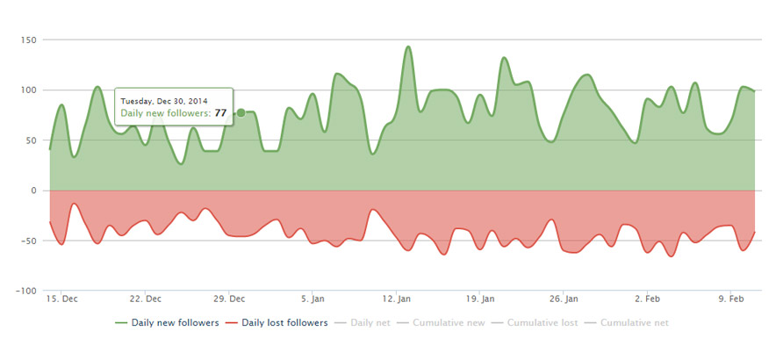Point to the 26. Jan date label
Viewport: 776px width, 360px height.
click(564, 299)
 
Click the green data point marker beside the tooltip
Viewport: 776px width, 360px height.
click(241, 112)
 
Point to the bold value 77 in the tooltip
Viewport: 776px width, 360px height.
click(220, 112)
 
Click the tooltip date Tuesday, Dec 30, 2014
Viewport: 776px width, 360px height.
click(164, 100)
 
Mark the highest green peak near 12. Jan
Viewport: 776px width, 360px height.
click(408, 47)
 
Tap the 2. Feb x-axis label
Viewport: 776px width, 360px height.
click(649, 299)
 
